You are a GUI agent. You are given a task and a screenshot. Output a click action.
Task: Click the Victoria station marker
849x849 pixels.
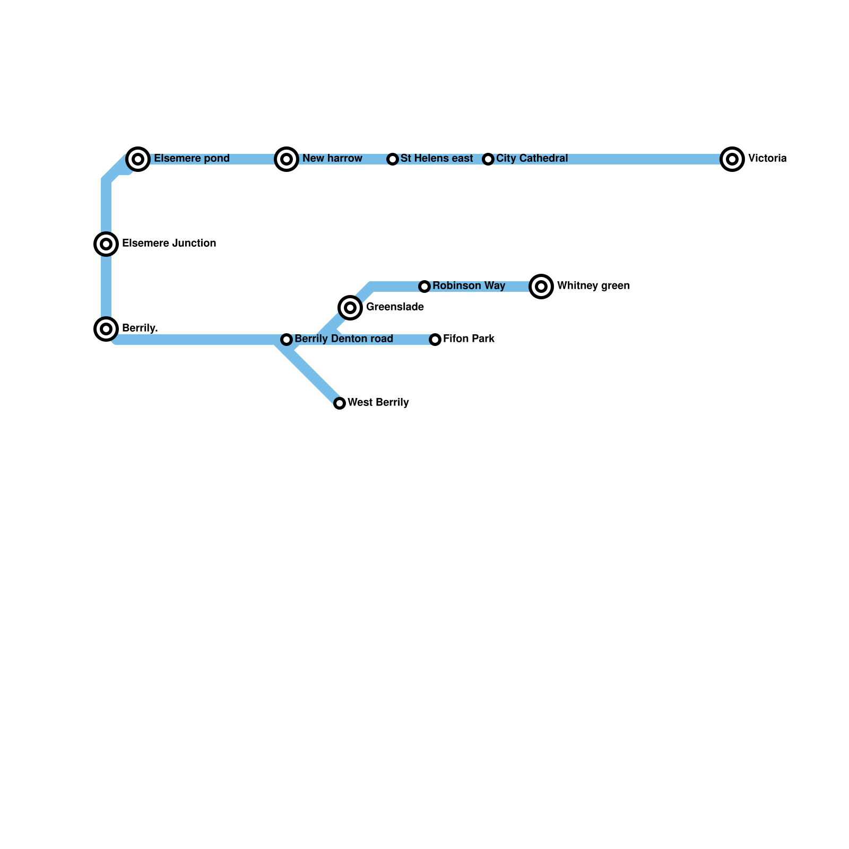(x=732, y=159)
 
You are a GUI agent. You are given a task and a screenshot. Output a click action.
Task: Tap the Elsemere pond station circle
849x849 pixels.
(x=138, y=159)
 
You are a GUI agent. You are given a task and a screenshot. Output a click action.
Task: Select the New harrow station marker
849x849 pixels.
(x=287, y=159)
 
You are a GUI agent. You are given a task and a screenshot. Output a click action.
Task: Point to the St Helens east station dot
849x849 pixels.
(x=393, y=159)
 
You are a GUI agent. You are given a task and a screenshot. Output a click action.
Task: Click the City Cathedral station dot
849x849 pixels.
(x=488, y=159)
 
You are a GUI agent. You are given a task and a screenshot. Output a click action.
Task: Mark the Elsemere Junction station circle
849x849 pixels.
(x=106, y=244)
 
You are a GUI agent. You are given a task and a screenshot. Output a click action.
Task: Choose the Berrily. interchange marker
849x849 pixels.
(x=106, y=328)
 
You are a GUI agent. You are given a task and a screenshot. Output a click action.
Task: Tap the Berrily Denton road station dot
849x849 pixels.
(x=287, y=340)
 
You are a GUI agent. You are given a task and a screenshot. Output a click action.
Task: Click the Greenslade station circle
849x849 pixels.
(x=350, y=307)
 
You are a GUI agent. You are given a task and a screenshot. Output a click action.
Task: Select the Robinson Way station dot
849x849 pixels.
(x=424, y=287)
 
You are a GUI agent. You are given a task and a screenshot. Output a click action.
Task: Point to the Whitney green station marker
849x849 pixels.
(x=541, y=287)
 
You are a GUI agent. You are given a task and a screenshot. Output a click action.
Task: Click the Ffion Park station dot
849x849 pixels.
(x=435, y=340)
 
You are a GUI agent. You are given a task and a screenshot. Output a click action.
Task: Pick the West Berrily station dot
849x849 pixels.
(x=340, y=403)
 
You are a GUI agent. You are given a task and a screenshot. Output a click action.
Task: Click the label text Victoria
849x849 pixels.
(x=767, y=159)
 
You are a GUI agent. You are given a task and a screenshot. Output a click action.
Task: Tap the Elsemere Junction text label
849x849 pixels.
(x=169, y=244)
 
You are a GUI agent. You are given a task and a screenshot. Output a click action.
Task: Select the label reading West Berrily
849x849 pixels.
(x=378, y=403)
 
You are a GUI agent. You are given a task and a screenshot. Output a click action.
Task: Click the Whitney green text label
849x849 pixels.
(x=593, y=286)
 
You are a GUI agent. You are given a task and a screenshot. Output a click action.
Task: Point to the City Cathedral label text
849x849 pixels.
(x=532, y=159)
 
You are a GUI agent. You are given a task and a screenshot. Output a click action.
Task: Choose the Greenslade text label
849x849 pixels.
(x=395, y=307)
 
